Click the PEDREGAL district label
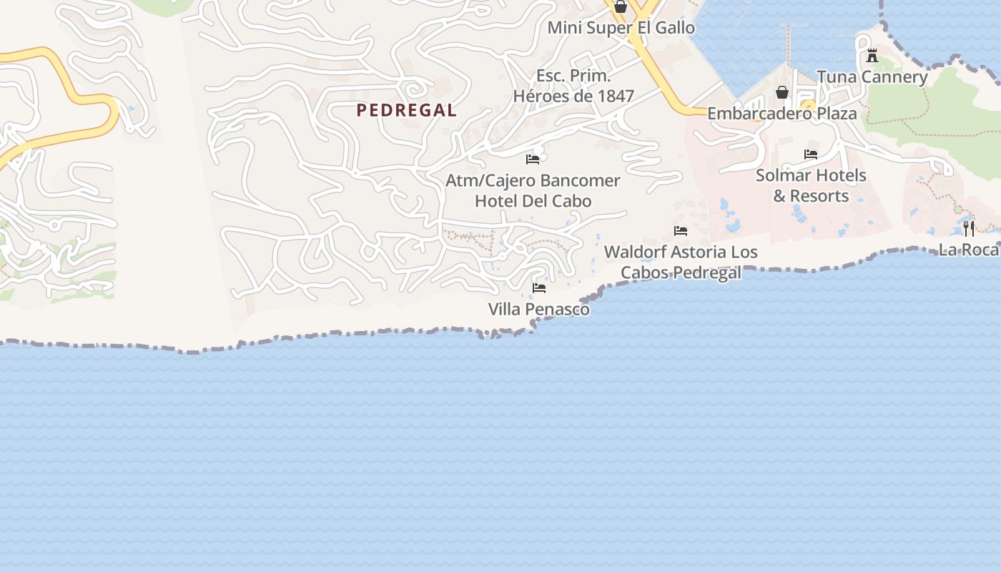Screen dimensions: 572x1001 (406, 110)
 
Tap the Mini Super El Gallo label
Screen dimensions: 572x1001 (621, 28)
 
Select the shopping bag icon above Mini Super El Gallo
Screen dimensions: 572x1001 (621, 7)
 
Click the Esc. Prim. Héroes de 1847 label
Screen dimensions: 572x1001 (573, 86)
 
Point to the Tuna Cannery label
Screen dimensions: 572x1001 (872, 77)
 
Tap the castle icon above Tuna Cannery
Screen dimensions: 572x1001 (872, 56)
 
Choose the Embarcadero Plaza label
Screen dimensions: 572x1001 (781, 114)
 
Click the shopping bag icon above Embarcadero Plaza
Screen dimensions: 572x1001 (782, 92)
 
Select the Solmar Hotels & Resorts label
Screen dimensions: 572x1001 (811, 185)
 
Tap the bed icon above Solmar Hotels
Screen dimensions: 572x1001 (811, 154)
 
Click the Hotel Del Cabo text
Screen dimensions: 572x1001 (533, 201)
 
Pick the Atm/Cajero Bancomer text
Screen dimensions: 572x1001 (533, 180)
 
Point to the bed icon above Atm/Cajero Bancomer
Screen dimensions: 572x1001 (533, 159)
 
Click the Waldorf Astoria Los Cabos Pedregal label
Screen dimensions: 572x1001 (681, 262)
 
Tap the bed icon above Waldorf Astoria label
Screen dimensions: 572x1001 (681, 231)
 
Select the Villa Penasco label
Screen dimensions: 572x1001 (539, 309)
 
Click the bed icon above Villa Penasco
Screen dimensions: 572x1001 (539, 287)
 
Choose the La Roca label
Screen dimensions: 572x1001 (969, 250)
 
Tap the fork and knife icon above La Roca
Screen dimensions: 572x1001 (969, 229)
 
